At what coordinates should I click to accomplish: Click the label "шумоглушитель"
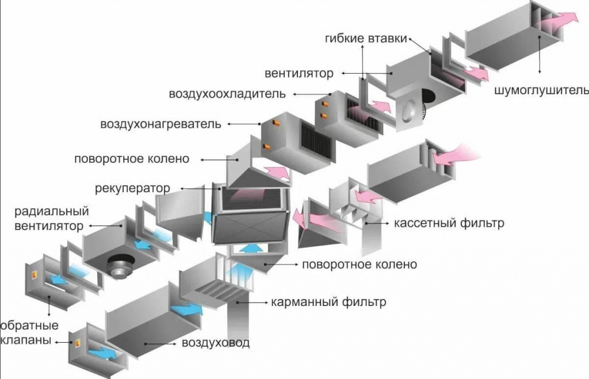541,90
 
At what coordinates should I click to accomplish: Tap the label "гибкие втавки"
365,39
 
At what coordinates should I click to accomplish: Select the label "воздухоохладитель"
227,93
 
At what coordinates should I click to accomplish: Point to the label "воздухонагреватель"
160,124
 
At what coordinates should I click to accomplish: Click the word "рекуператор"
133,188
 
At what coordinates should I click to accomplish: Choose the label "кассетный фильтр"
449,223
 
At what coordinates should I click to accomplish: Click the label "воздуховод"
216,343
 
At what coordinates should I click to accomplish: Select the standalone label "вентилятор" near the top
299,74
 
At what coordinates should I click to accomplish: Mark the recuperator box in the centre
250,216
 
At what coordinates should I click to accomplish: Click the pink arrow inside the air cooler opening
379,107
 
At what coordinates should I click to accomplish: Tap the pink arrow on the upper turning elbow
275,171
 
